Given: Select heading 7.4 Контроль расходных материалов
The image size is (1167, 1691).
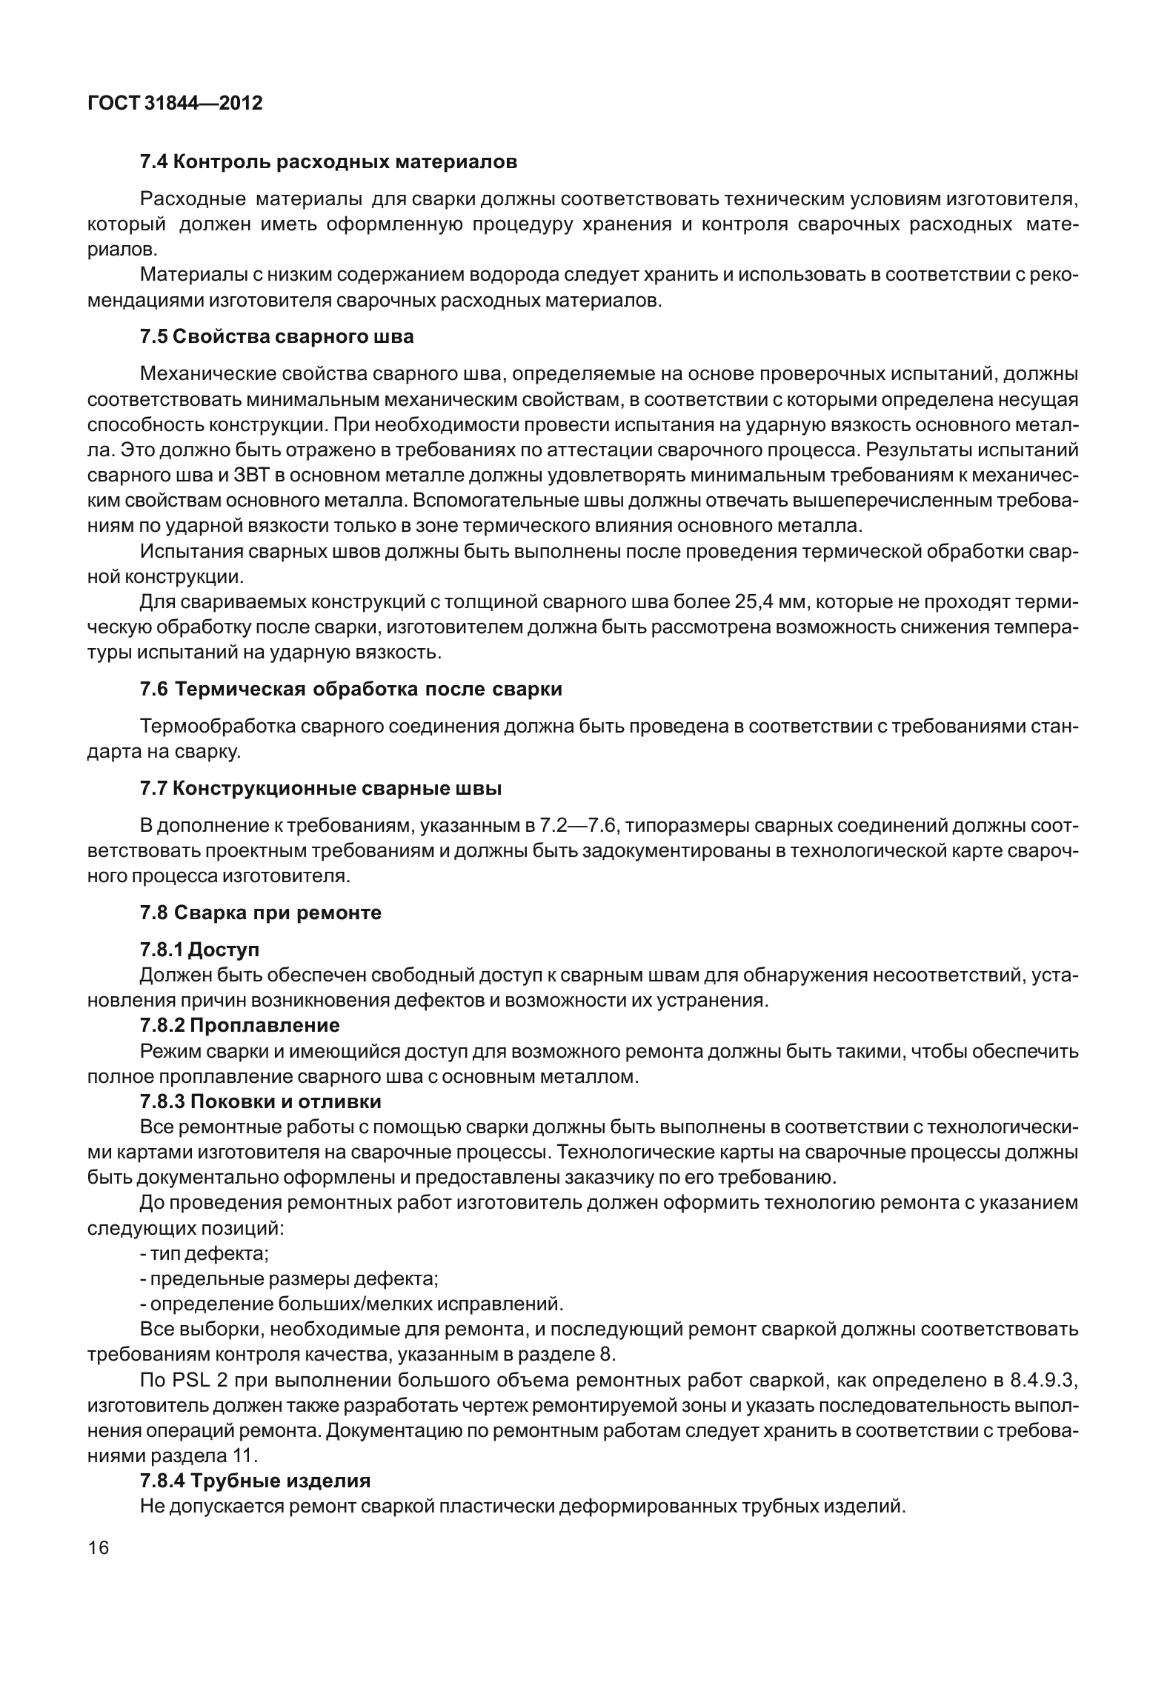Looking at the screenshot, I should point(328,161).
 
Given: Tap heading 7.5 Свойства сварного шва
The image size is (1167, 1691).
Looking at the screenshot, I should point(276,337).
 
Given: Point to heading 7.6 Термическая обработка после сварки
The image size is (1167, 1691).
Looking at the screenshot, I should point(350,689).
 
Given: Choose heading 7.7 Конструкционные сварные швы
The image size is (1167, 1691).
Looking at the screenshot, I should point(321,789).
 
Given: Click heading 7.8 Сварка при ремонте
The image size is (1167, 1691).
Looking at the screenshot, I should point(261,913).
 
